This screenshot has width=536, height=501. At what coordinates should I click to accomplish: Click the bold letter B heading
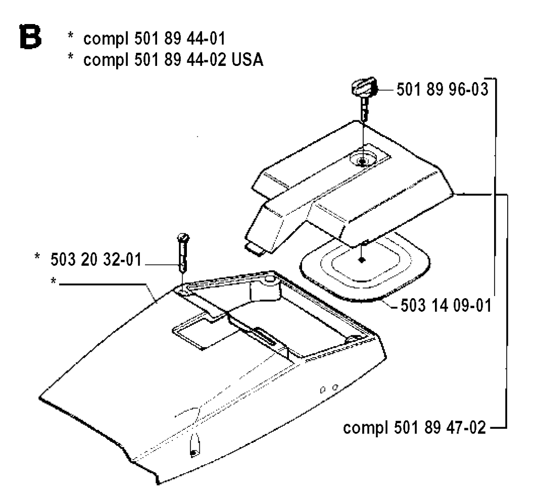(30, 37)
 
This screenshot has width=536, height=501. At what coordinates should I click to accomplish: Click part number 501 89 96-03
(442, 89)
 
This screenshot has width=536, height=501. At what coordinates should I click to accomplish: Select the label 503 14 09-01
(446, 305)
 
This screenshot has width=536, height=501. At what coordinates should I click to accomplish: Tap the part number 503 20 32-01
(96, 259)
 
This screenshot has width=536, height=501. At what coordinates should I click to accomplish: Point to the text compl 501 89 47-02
(415, 427)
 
